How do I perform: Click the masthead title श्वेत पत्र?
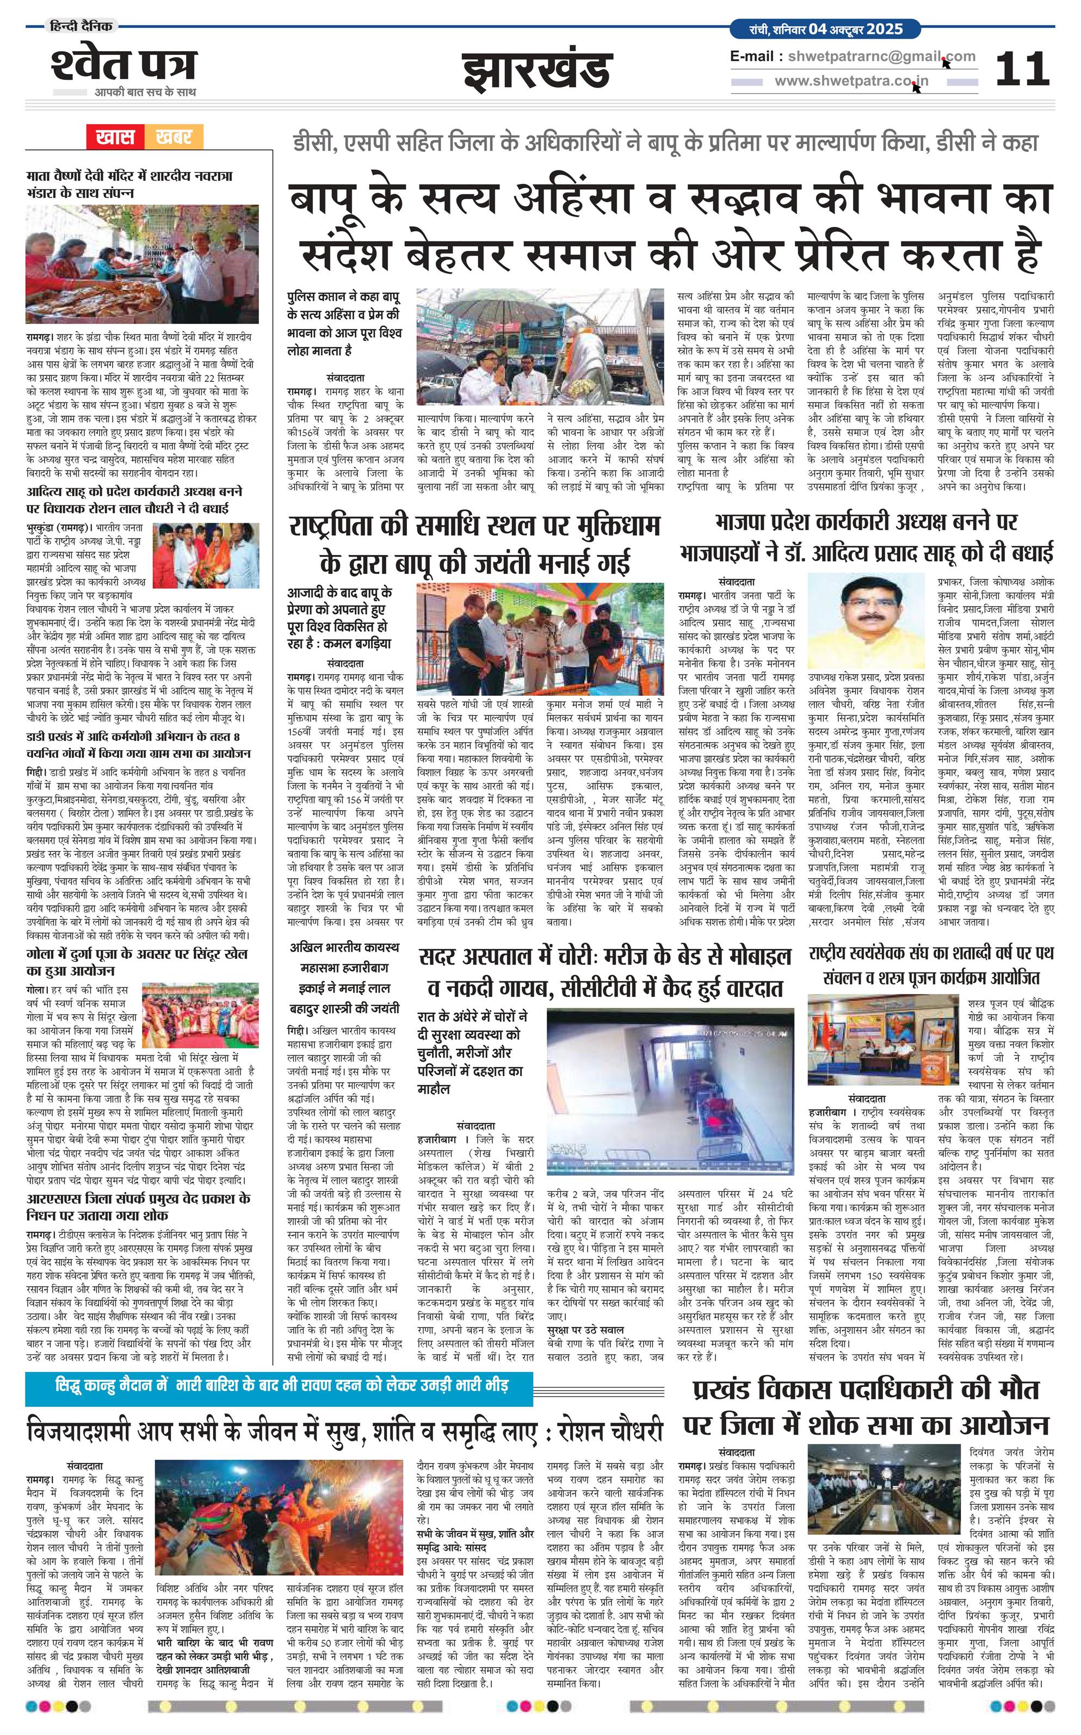point(123,66)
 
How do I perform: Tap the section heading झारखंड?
point(537,70)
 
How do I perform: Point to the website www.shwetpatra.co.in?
point(851,82)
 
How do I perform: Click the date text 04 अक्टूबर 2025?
point(856,30)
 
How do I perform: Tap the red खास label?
point(115,137)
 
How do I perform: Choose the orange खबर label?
point(173,137)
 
